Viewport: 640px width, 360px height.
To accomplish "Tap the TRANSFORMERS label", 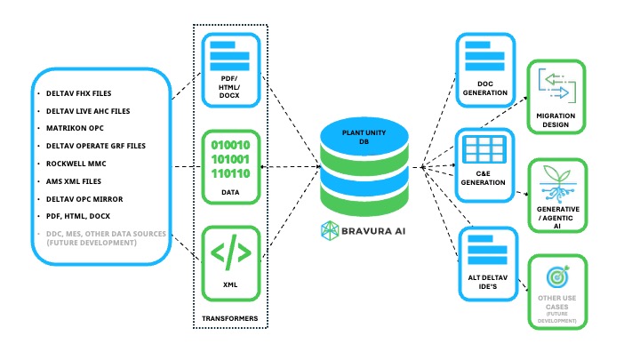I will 230,316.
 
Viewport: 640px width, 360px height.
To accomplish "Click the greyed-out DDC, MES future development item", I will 102,237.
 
